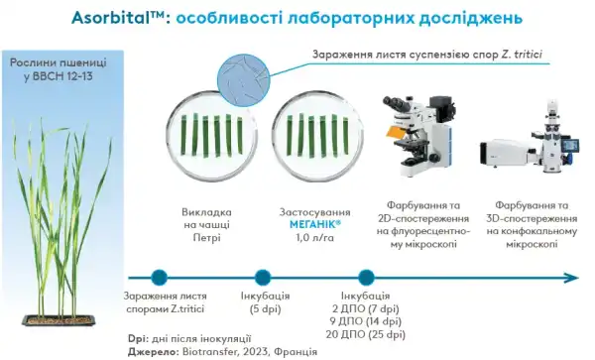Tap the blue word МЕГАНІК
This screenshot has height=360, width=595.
(315, 224)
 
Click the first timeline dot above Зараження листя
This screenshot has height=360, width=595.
(159, 278)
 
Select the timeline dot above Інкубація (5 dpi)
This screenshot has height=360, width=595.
(263, 278)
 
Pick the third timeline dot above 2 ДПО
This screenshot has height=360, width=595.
(366, 278)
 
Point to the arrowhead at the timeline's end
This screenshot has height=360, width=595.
(571, 278)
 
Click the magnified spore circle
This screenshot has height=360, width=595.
(243, 78)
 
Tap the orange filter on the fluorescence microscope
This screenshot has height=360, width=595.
(399, 131)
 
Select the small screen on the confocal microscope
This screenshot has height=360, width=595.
(570, 145)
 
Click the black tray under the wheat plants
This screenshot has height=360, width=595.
(59, 320)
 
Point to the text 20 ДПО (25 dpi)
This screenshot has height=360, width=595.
(365, 334)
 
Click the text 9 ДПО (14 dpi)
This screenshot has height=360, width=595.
(365, 321)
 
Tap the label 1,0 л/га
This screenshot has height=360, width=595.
(315, 238)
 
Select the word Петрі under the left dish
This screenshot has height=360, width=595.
(207, 238)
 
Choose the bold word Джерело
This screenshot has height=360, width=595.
(153, 352)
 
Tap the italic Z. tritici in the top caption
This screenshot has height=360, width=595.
(522, 55)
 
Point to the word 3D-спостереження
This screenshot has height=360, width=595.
(532, 218)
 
